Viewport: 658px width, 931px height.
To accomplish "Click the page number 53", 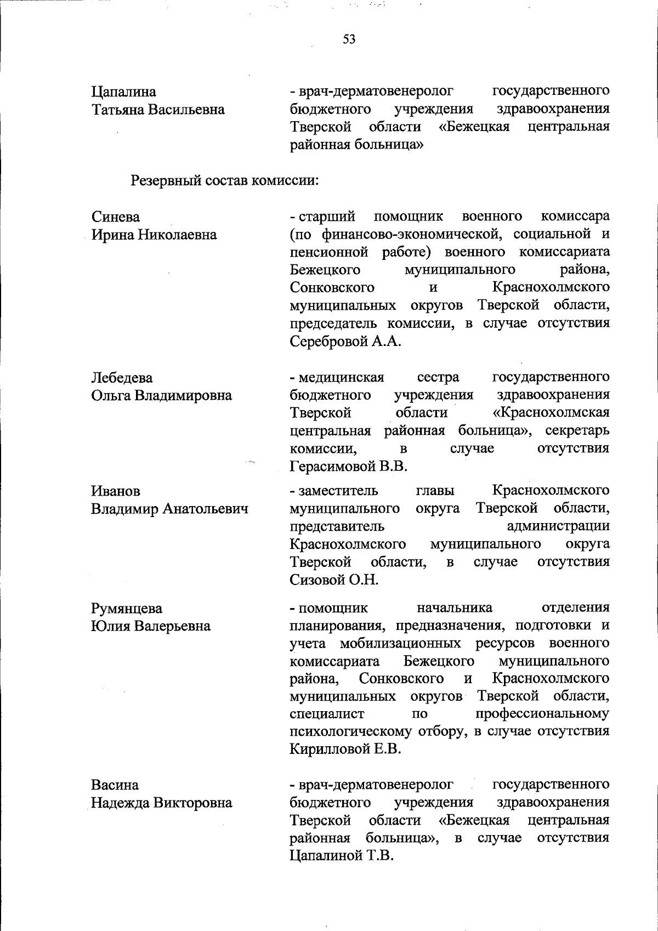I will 349,39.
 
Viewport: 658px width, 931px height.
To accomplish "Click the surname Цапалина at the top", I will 123,92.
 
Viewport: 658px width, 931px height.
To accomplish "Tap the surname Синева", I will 115,217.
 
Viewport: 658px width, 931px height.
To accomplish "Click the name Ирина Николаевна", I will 154,235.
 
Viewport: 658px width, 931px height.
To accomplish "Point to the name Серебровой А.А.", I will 345,342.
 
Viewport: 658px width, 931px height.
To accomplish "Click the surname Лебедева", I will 122,378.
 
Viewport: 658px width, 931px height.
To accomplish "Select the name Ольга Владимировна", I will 161,395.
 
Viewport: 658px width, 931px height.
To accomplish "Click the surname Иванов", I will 115,491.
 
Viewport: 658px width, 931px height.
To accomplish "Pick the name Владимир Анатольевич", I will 169,509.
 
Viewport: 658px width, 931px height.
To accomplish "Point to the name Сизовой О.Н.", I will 334,580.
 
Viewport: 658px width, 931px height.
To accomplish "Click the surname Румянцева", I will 127,609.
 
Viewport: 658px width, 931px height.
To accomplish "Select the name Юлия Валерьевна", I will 151,626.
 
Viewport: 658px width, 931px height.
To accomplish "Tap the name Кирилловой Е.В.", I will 345,750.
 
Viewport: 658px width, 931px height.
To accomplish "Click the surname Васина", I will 115,785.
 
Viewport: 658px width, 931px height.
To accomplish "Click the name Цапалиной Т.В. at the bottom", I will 342,856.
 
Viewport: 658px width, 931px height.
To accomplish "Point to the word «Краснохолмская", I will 551,412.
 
